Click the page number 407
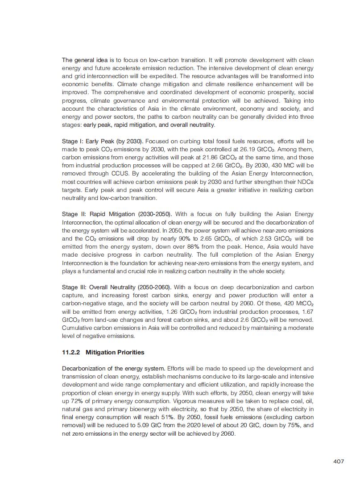coord(338,462)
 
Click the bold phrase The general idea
coord(85,60)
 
